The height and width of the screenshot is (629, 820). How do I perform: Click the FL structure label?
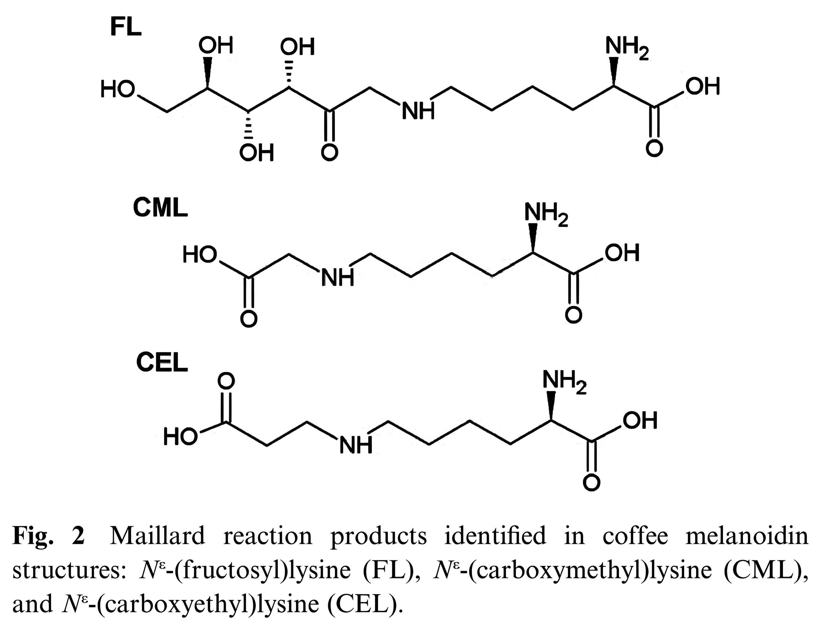point(126,27)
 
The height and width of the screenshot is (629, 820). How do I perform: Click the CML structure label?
point(160,208)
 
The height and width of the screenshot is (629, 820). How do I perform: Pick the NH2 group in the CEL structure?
point(564,382)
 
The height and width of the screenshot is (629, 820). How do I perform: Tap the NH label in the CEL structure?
point(356,446)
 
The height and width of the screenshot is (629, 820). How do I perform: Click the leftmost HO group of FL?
point(118,90)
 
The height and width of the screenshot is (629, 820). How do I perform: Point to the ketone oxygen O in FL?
point(330,152)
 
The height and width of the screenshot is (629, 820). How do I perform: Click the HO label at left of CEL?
point(180,436)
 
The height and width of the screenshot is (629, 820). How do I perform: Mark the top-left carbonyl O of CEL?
point(226,381)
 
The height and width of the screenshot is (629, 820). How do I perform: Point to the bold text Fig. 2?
point(49,536)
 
